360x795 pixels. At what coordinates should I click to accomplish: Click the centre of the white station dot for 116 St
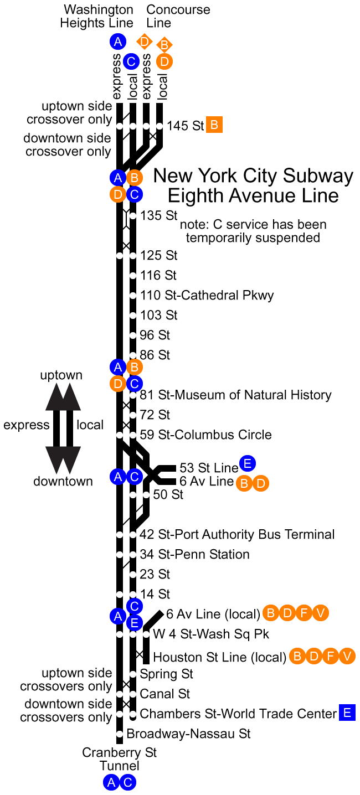coord(133,275)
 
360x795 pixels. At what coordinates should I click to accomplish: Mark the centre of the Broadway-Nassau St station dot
coord(120,734)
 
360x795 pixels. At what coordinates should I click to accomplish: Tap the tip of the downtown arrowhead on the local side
coord(70,473)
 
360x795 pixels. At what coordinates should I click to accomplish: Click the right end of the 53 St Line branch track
coord(176,468)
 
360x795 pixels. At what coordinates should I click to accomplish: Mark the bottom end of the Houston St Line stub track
coord(146,664)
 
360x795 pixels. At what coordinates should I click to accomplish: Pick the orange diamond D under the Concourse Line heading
coord(145,42)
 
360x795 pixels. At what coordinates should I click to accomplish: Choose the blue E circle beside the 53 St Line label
coord(248,463)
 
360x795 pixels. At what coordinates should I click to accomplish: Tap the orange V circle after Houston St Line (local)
coord(347,656)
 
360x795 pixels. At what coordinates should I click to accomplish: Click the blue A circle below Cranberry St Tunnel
coord(111,782)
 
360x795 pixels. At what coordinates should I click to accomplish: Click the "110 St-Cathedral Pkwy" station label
coord(207,296)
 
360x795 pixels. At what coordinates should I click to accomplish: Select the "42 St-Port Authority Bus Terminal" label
coord(237,534)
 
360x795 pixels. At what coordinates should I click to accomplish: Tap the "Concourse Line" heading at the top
coord(178,16)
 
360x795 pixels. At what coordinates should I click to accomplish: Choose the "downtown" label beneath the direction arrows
coord(63,481)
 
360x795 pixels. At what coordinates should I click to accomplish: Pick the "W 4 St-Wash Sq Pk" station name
coord(211,634)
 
